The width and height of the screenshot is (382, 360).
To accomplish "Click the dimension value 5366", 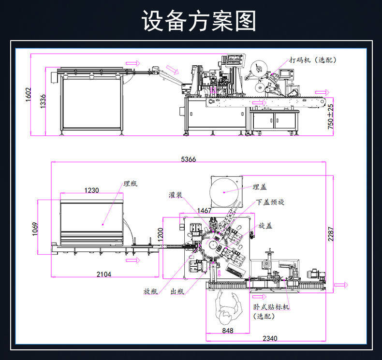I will point(188,159).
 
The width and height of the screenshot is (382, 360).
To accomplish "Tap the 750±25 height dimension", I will point(331,116).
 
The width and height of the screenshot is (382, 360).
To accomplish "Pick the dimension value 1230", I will point(91,190).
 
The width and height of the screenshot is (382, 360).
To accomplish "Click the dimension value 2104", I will point(103,274).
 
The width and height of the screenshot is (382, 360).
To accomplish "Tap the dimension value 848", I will point(228,331).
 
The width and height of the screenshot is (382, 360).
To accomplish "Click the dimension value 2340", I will point(270,338).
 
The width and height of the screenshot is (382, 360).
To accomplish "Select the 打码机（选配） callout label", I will point(312,60).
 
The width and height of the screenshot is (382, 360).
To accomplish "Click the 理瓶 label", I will point(130,184).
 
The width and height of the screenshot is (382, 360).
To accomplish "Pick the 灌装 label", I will point(176,195).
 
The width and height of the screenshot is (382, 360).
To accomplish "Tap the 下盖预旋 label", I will point(270,202).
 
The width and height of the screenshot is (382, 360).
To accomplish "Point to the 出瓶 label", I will point(177,291).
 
